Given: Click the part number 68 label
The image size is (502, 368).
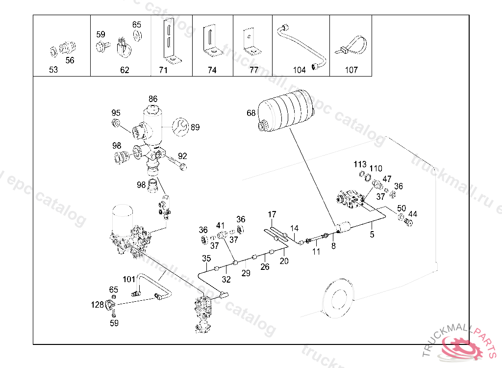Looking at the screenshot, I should point(251,113).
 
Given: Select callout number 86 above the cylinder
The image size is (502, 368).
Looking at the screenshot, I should point(153,99).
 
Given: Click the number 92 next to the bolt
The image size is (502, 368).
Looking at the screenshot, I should point(182,156).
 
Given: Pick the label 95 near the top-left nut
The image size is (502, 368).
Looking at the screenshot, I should point(116,113).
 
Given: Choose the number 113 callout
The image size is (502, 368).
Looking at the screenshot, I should point(360,164).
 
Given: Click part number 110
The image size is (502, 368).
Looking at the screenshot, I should point(376,169).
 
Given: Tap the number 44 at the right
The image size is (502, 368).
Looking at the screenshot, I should point(413,214).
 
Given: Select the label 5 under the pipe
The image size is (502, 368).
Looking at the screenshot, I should point(372,235).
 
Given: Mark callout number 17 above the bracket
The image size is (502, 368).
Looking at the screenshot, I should point(272,214).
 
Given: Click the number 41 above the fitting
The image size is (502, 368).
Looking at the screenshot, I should point(221,225).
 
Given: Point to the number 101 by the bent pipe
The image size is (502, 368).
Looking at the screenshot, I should point(129,280).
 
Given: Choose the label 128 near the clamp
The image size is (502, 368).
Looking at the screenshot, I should point(98,305).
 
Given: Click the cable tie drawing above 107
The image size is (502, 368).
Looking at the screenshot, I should point(352,47).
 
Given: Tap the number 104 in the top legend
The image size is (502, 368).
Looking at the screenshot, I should point(299,70).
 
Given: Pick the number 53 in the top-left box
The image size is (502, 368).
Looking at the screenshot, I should point(53,70).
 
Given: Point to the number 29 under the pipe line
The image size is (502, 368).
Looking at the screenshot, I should point(246,273).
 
